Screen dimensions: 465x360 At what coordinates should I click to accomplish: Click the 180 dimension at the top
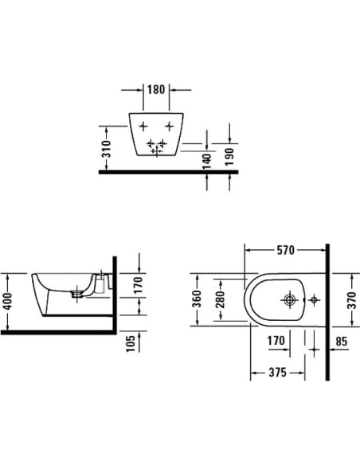tap(155, 90)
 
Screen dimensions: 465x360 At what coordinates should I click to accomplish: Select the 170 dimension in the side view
tap(139, 285)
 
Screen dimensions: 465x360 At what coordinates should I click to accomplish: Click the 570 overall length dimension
tap(284, 250)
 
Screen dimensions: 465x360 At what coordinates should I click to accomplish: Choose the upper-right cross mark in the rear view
tap(170, 127)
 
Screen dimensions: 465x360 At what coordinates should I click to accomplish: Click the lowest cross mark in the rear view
tap(156, 149)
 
